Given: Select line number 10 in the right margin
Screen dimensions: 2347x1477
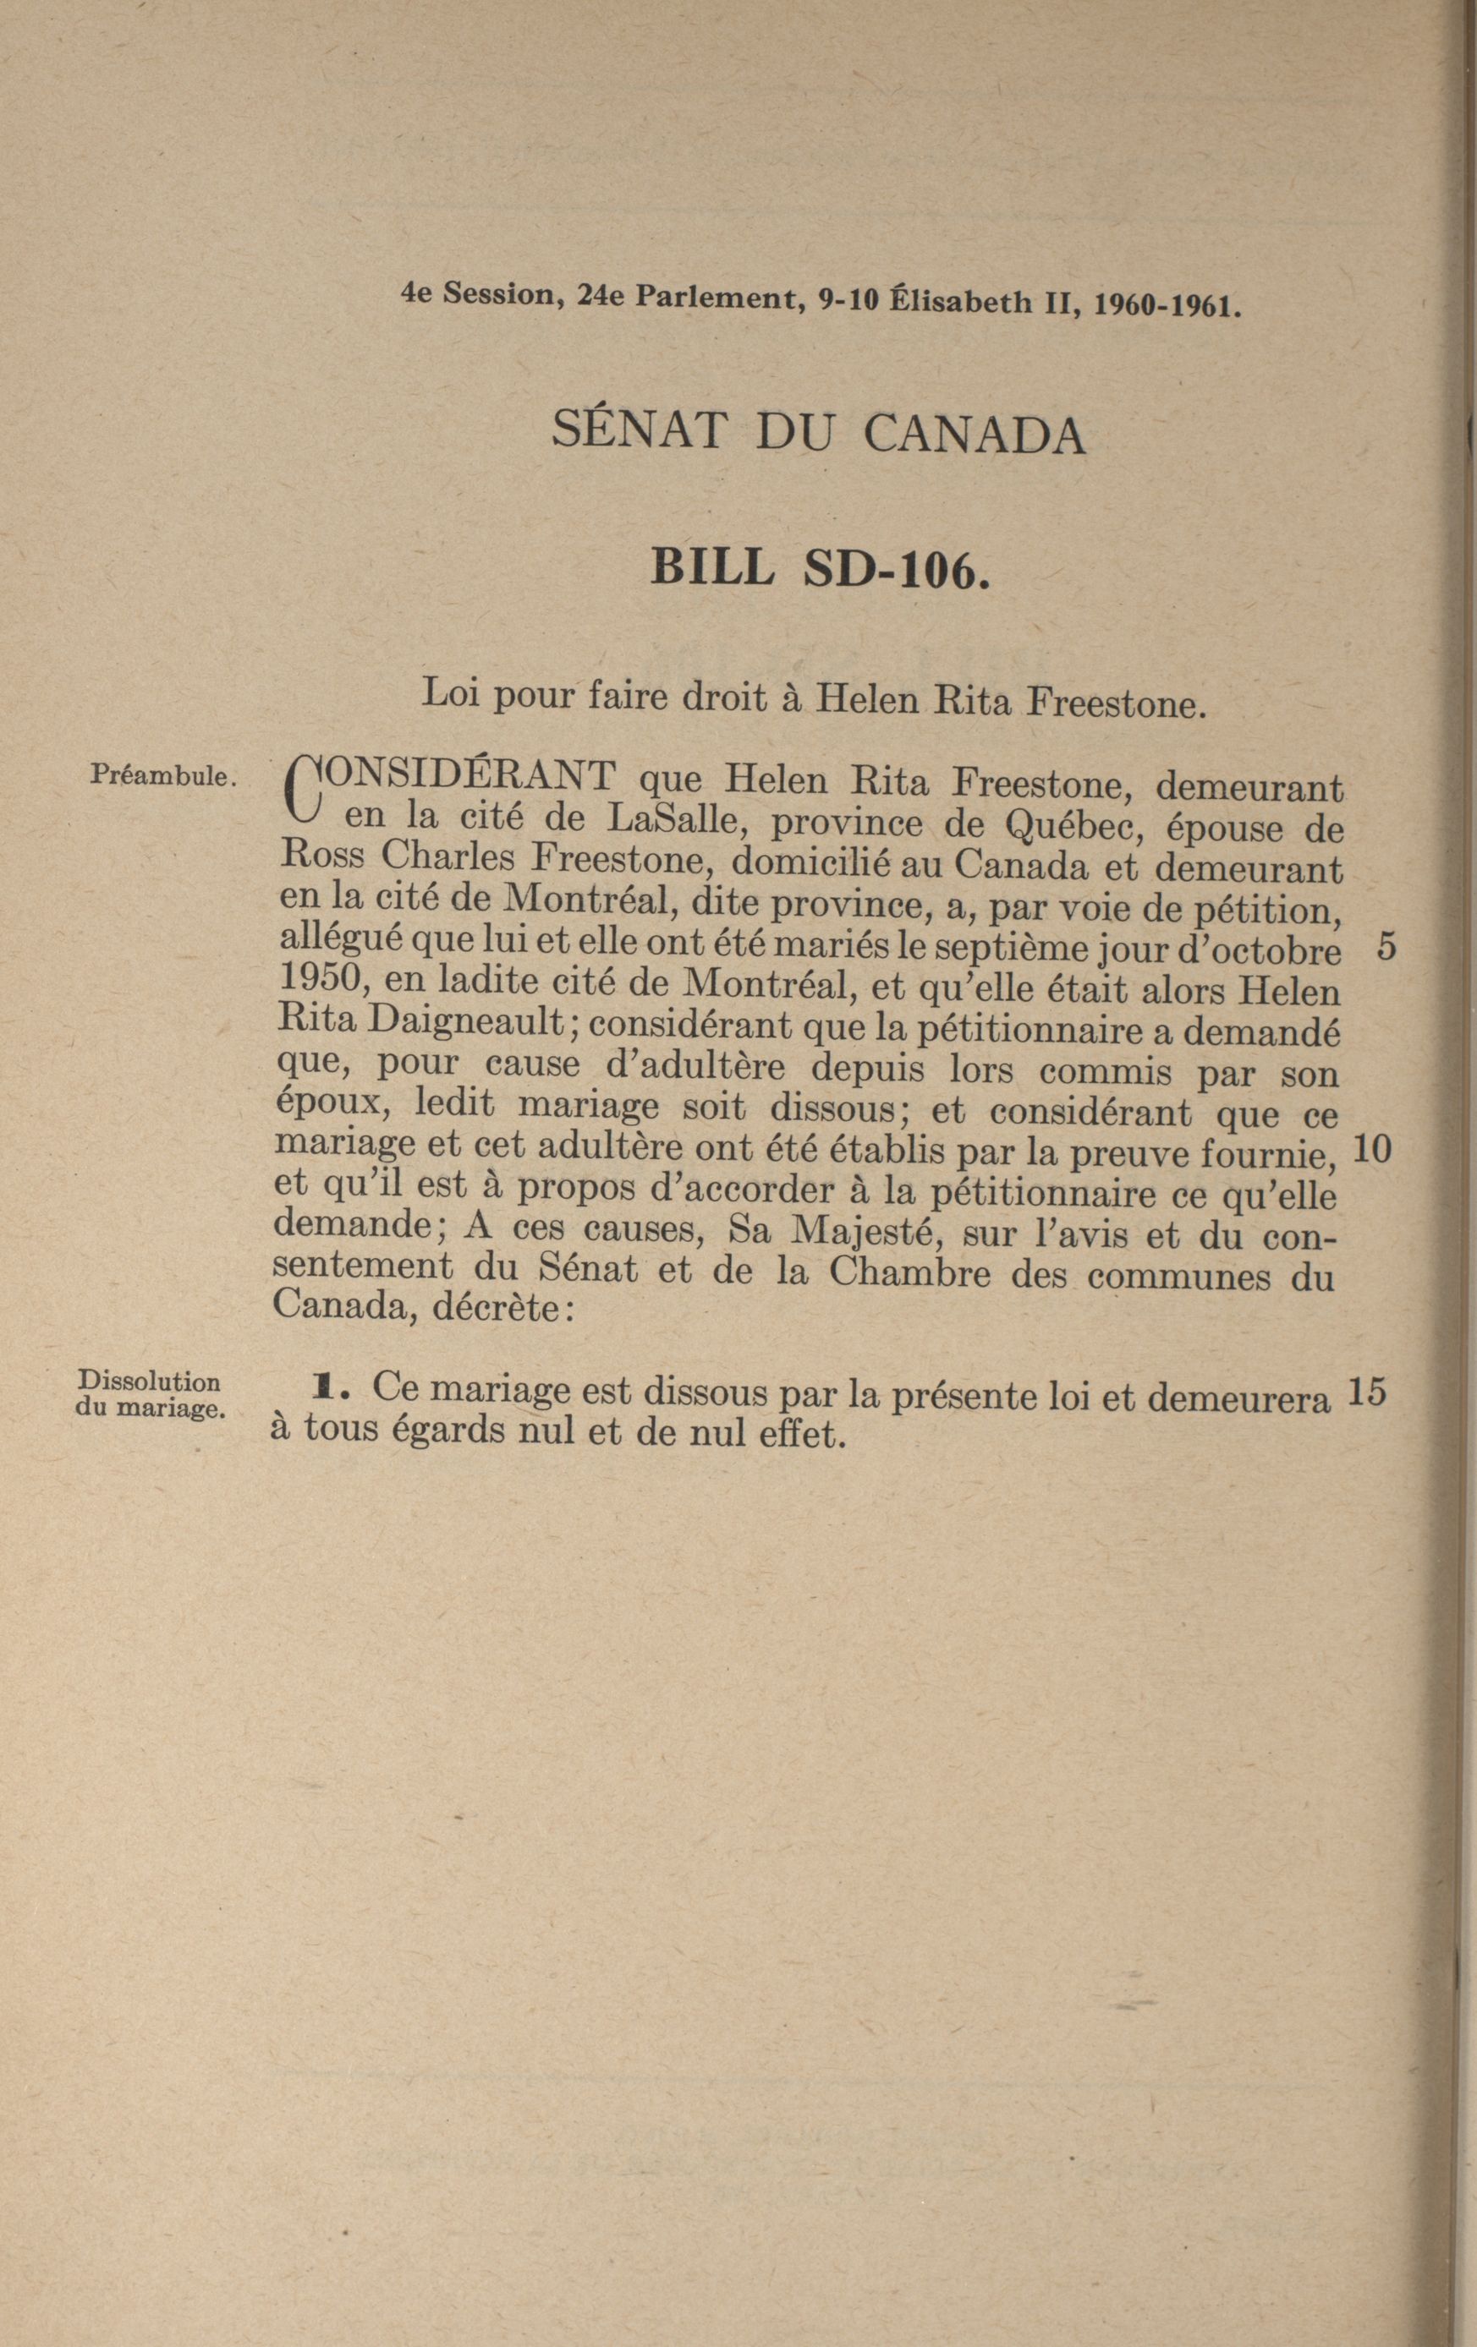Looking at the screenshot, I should (x=1372, y=1151).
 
